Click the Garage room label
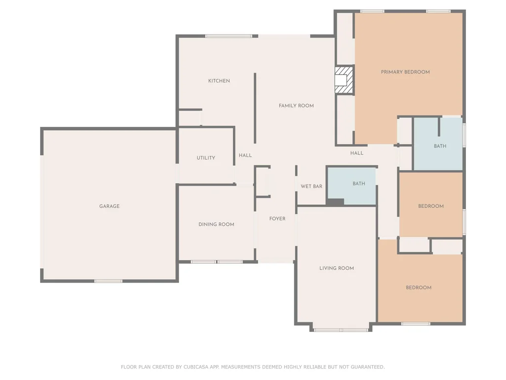[109, 206]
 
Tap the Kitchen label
[219, 81]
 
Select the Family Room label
[296, 106]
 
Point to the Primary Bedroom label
[405, 72]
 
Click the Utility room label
[206, 158]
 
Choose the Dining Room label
[216, 224]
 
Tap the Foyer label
[277, 219]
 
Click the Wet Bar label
[311, 187]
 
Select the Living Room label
[337, 268]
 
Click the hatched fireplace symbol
[344, 80]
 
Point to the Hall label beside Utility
[245, 155]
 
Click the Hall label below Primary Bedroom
[357, 153]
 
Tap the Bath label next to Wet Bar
[359, 184]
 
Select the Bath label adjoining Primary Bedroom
[440, 146]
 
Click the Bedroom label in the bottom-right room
[419, 287]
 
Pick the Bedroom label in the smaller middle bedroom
[431, 206]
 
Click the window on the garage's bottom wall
[108, 281]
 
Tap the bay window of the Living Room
[341, 330]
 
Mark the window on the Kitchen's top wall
[229, 36]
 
